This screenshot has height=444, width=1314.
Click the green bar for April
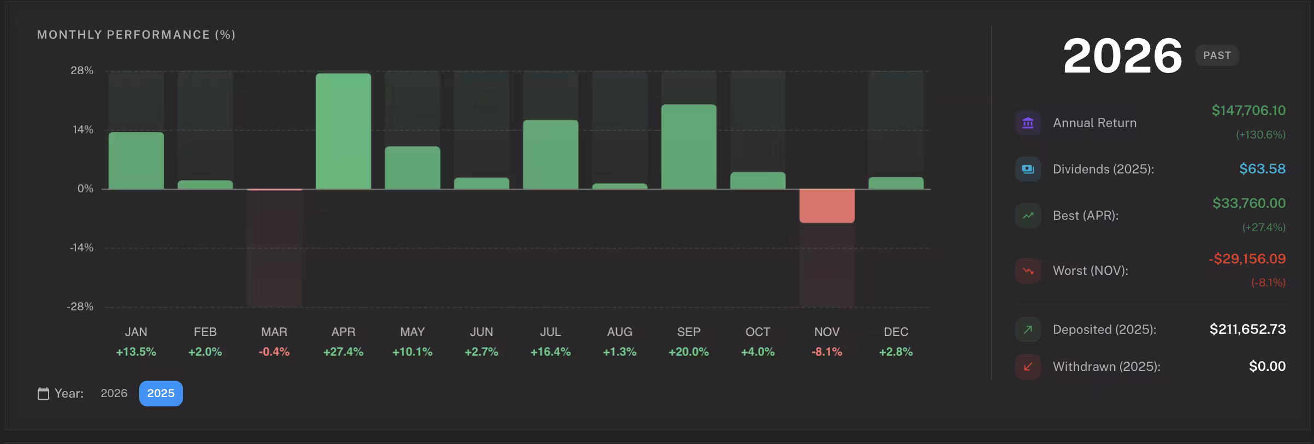coord(343,131)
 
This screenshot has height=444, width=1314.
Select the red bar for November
coord(827,206)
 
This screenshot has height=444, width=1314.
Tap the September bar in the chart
coord(689,147)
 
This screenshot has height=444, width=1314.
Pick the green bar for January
coord(136,160)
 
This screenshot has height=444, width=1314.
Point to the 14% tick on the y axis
coord(83,130)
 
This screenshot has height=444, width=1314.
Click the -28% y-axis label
coord(80,307)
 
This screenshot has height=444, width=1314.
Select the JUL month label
coord(551,332)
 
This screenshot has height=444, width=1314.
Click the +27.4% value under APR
coord(343,352)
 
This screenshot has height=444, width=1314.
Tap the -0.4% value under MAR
coord(274,352)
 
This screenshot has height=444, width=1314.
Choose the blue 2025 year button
coord(161,393)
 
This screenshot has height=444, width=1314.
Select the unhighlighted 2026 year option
coord(114,393)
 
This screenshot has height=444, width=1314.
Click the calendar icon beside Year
coord(43,393)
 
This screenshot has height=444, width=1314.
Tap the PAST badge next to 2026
coord(1217,56)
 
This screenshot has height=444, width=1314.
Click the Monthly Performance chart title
coord(136,35)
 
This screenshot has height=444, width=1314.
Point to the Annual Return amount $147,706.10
coord(1248,111)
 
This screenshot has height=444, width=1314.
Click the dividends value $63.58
coord(1262,169)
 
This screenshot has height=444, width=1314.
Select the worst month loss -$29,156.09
coord(1247,259)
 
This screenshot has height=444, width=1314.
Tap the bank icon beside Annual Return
coord(1028,123)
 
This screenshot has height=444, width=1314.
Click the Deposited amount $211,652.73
coord(1247,329)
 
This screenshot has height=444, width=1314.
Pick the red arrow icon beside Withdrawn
coord(1028,367)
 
